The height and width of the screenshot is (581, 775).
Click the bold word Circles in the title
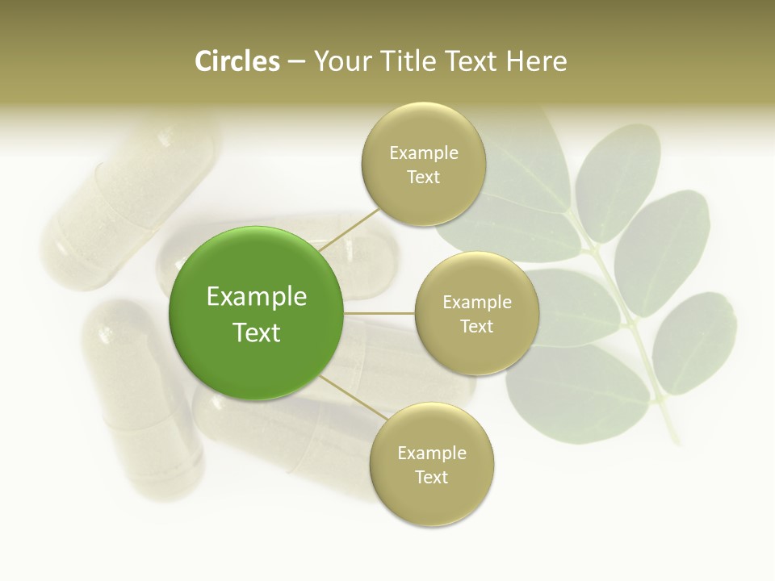pyautogui.click(x=237, y=61)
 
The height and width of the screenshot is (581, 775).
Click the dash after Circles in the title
pyautogui.click(x=296, y=62)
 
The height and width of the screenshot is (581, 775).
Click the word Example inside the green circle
pyautogui.click(x=257, y=297)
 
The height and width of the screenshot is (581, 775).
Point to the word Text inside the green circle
pyautogui.click(x=257, y=332)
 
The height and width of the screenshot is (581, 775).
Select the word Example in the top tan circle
pyautogui.click(x=424, y=153)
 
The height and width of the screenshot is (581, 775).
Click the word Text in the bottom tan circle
pyautogui.click(x=431, y=477)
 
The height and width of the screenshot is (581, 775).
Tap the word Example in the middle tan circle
pyautogui.click(x=476, y=303)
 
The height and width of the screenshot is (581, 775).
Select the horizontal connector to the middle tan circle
pyautogui.click(x=379, y=313)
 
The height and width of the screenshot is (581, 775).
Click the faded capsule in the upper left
pyautogui.click(x=129, y=202)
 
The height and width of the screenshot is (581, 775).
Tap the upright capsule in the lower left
pyautogui.click(x=141, y=395)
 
